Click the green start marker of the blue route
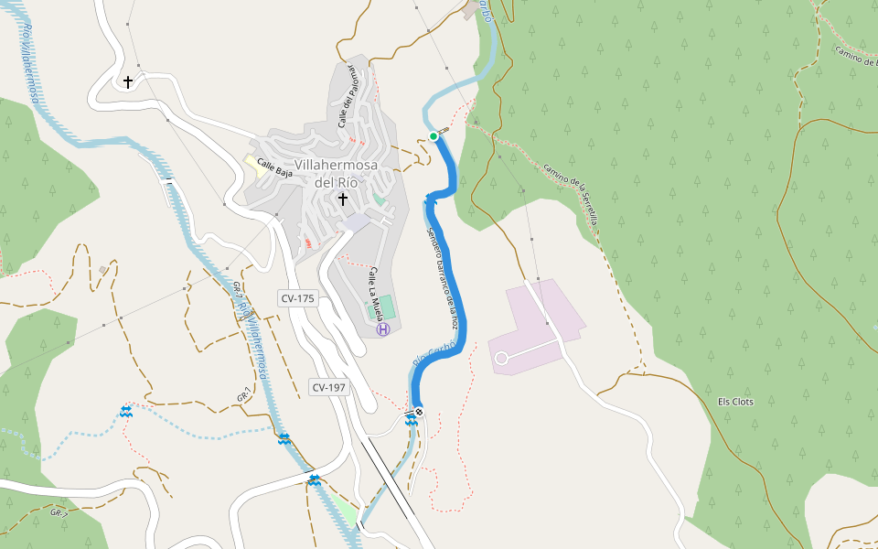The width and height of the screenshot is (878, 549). coord(434,136)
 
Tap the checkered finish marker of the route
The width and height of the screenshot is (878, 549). coord(418,412)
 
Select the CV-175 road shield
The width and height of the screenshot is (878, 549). coord(297,298)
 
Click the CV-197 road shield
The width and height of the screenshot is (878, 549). coord(328,387)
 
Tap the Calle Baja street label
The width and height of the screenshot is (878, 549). coord(274,168)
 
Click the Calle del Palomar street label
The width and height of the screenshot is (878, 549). coord(345,100)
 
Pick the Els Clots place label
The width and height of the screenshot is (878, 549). coord(735,402)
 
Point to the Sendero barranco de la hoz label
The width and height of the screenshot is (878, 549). coord(440,275)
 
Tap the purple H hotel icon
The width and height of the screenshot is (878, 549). coord(383,328)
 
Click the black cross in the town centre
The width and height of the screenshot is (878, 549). coord(343,199)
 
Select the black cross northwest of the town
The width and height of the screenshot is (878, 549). coord(128,82)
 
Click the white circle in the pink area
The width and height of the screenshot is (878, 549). coord(501,359)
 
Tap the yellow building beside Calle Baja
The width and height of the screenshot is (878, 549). coord(250,162)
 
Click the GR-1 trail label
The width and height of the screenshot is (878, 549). coord(243,396)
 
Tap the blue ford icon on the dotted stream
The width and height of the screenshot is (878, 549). coord(125,412)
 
